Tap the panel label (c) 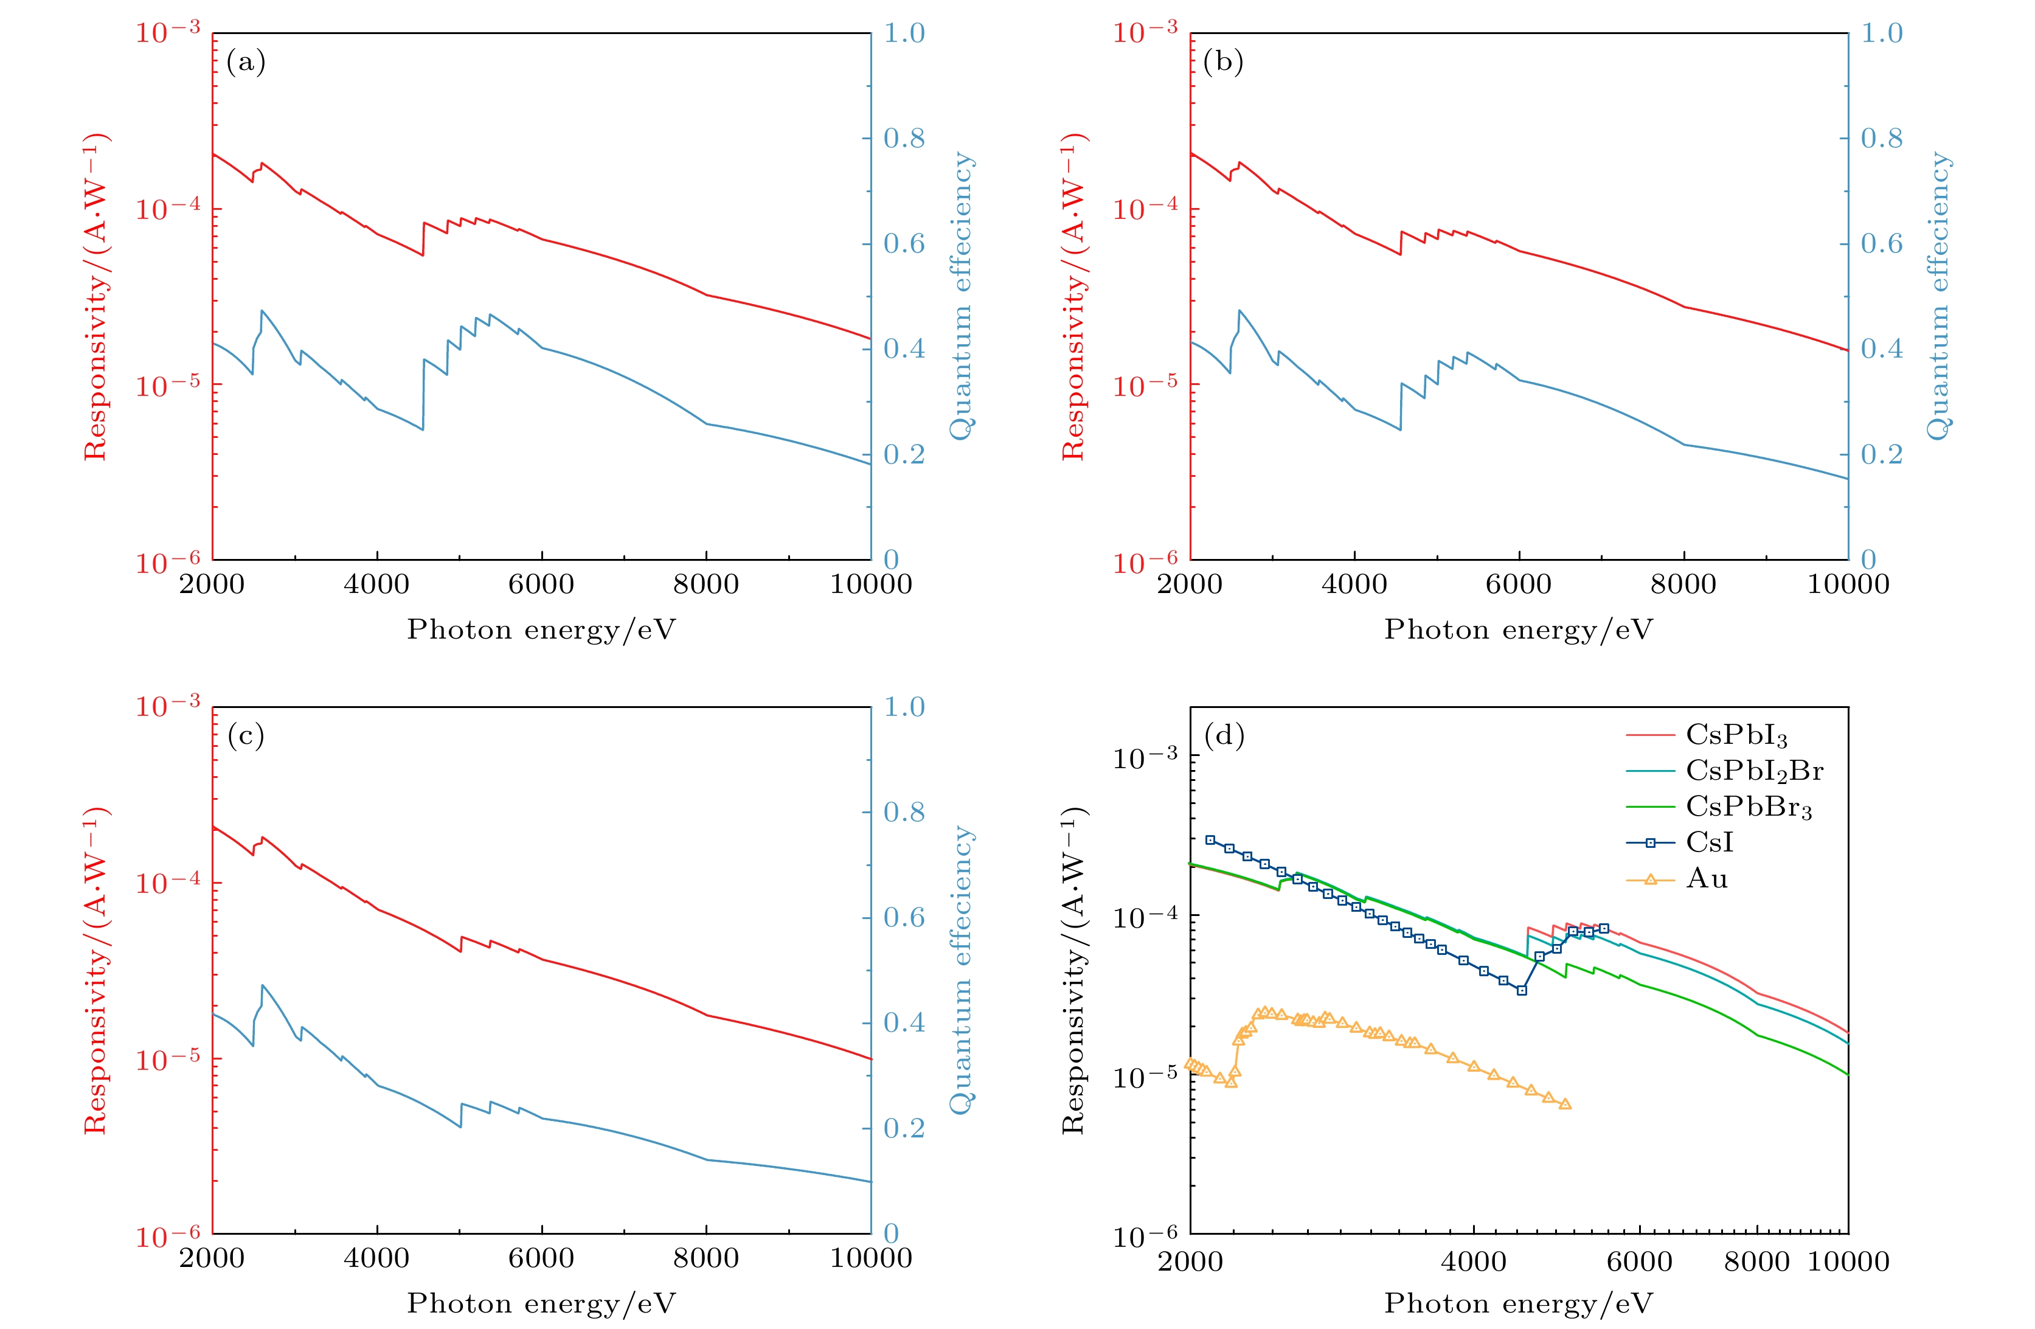(246, 735)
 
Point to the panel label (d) (1224, 735)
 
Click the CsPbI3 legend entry (1736, 735)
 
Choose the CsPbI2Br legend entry (1753, 771)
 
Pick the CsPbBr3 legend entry (1749, 807)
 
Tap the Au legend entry (1707, 878)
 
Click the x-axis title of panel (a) (541, 630)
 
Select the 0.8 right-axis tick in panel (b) (1881, 137)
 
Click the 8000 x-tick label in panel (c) (706, 1258)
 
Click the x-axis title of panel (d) (1519, 1303)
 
